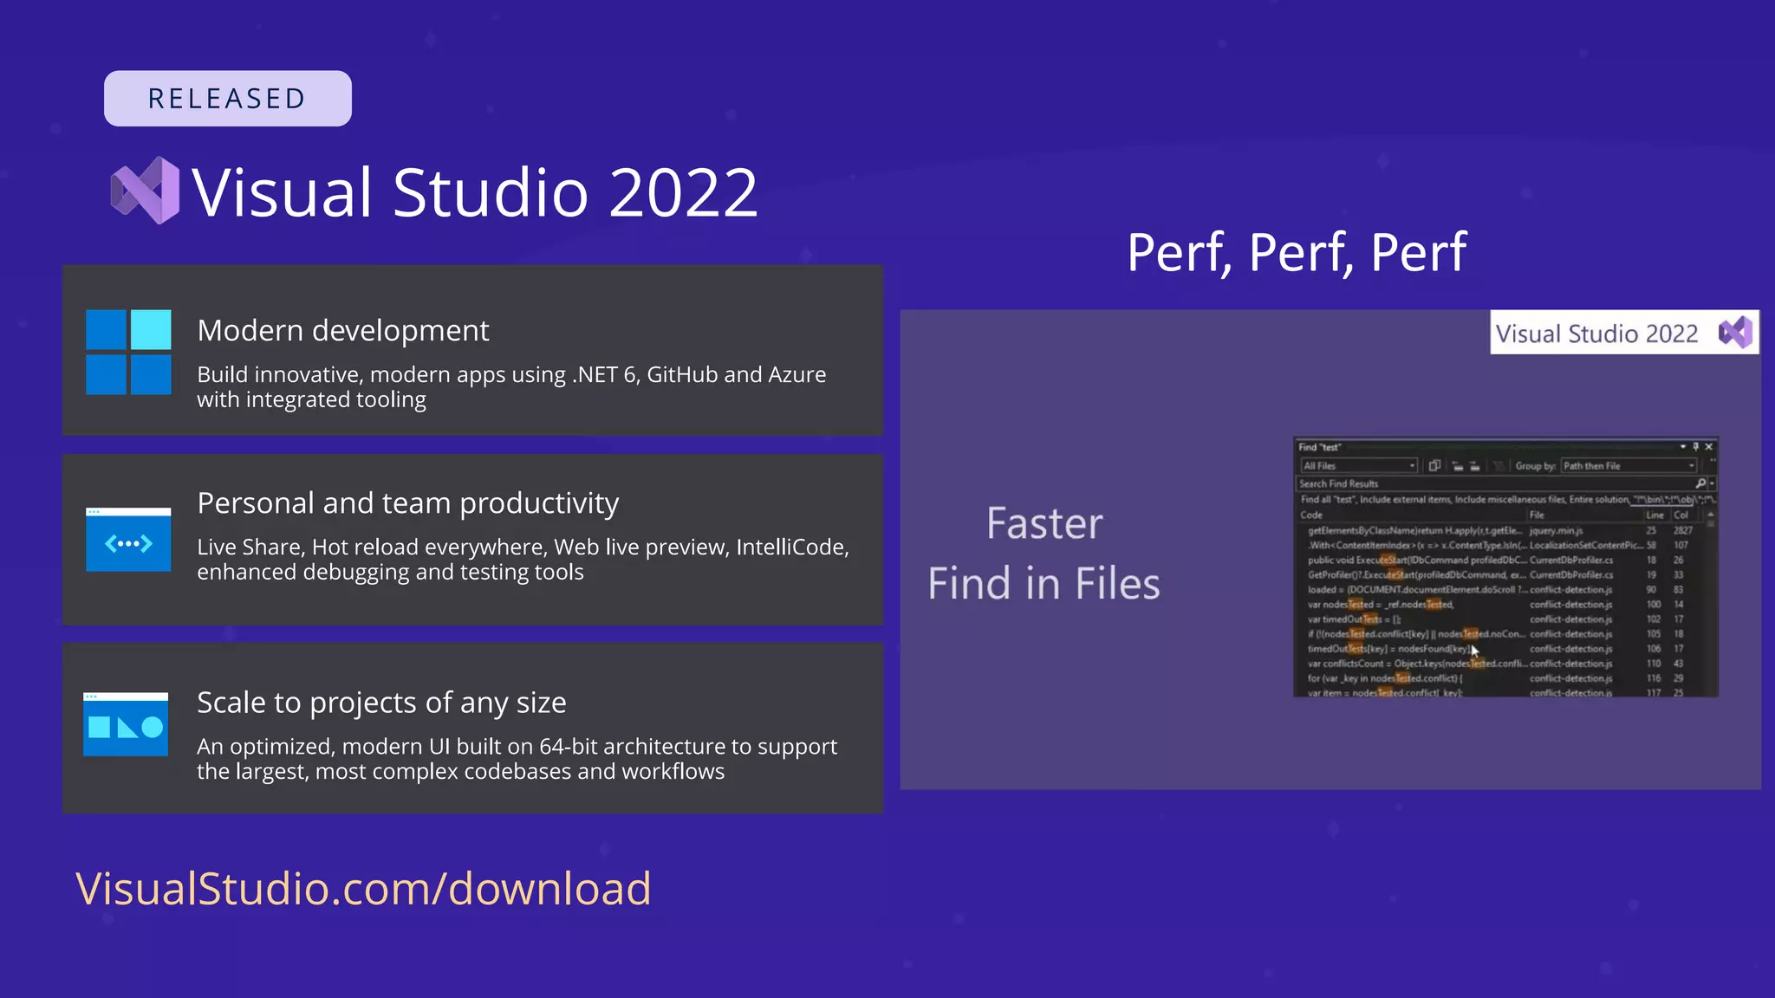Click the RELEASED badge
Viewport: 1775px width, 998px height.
tap(227, 99)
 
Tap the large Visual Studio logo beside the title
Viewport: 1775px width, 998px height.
tap(145, 191)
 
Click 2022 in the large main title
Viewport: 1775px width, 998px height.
tap(683, 192)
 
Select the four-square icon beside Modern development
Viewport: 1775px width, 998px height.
tap(128, 352)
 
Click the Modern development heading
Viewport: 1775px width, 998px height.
tap(342, 331)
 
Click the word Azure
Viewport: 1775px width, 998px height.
tap(796, 375)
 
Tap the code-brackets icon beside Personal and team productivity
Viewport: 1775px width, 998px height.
tap(128, 540)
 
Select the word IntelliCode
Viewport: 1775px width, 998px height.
tap(790, 548)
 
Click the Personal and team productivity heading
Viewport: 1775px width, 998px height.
tap(407, 503)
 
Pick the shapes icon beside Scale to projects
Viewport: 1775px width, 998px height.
tap(126, 724)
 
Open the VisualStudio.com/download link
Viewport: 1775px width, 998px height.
tap(363, 889)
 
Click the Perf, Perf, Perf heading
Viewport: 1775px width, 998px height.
tap(1296, 253)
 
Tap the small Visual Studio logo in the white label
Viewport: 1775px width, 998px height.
tap(1735, 333)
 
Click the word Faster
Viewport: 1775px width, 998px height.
tap(1044, 524)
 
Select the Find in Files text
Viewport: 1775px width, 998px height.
tap(1044, 584)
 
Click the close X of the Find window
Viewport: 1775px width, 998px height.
tap(1709, 447)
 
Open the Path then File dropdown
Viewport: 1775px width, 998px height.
tap(1629, 466)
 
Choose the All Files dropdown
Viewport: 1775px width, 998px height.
tap(1358, 466)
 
